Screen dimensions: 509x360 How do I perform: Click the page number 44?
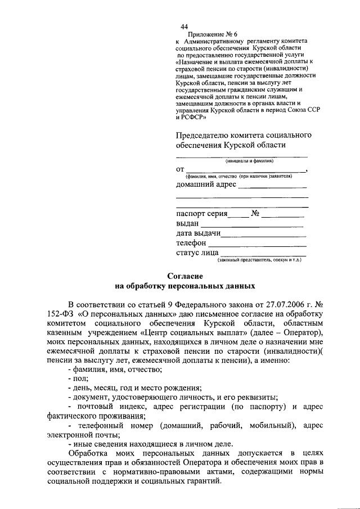click(184, 26)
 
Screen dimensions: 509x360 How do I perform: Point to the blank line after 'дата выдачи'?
click(263, 235)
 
